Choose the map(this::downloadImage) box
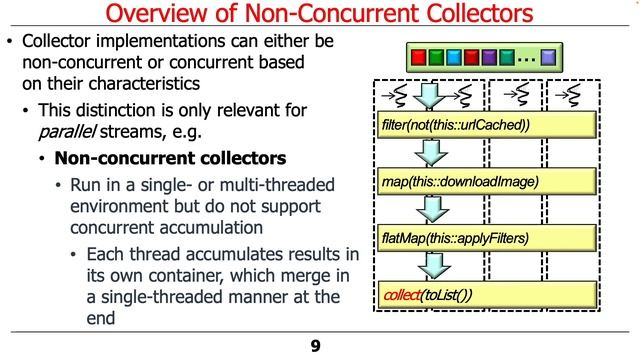pyautogui.click(x=461, y=182)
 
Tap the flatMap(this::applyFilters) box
pyautogui.click(x=456, y=238)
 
